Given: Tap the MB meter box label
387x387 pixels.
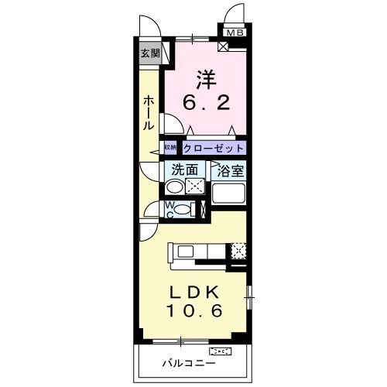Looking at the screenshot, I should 234,33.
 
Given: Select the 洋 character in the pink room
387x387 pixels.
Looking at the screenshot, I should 204,79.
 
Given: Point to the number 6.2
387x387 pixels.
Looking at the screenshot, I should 205,102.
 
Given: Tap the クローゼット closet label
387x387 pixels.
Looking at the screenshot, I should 214,148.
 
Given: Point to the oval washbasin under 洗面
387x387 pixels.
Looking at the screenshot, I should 175,187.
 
